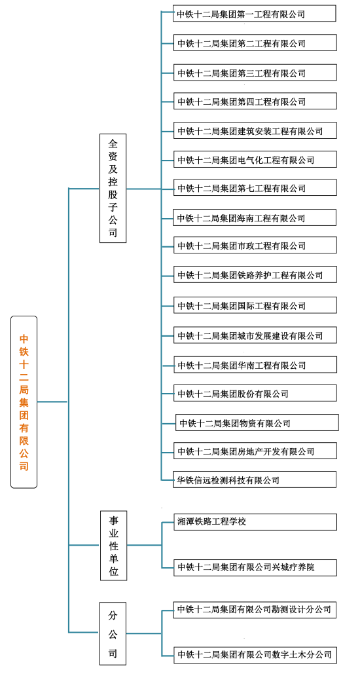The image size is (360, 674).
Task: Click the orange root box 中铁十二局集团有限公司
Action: click(24, 402)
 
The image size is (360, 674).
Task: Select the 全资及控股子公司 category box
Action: click(113, 188)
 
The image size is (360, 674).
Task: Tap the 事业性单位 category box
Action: click(113, 546)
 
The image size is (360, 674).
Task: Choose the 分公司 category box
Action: click(113, 633)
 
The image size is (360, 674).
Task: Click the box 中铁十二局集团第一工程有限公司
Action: click(255, 13)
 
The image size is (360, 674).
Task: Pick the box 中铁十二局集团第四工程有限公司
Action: click(255, 101)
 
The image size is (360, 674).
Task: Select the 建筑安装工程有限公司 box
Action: click(255, 130)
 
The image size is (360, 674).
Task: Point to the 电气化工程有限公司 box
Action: click(255, 159)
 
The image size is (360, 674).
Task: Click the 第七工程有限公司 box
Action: click(255, 187)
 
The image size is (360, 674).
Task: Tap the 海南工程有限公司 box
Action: click(255, 217)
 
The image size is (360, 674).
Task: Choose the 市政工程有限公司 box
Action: click(255, 245)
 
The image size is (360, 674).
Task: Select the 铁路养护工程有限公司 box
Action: click(255, 274)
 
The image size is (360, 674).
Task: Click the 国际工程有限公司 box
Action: click(255, 305)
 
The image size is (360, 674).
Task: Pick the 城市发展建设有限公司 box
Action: click(255, 335)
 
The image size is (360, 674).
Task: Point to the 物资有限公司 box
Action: click(257, 422)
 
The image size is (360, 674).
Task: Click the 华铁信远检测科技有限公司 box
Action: click(255, 479)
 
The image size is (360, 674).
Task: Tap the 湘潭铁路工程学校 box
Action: click(255, 522)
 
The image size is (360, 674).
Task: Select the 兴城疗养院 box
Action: click(255, 567)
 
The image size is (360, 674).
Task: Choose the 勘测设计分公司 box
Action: click(255, 610)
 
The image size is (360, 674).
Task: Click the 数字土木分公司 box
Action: click(255, 654)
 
